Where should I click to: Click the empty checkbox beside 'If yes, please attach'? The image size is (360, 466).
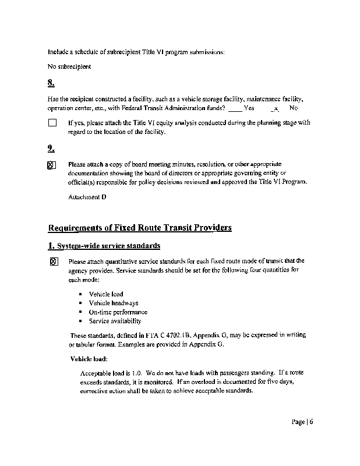click(x=52, y=123)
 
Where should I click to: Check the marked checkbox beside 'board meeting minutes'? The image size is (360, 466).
click(x=51, y=165)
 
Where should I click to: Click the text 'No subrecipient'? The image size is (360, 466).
click(x=69, y=66)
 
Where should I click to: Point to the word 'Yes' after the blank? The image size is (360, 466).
click(x=249, y=108)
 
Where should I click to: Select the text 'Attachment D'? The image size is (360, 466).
click(x=87, y=197)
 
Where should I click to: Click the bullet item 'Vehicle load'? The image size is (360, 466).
click(x=106, y=294)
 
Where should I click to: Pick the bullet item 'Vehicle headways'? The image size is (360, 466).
click(x=114, y=303)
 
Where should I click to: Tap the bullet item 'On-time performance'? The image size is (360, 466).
click(x=118, y=312)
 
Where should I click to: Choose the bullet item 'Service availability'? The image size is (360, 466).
click(x=115, y=320)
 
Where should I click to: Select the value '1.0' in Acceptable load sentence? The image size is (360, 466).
click(x=137, y=372)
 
